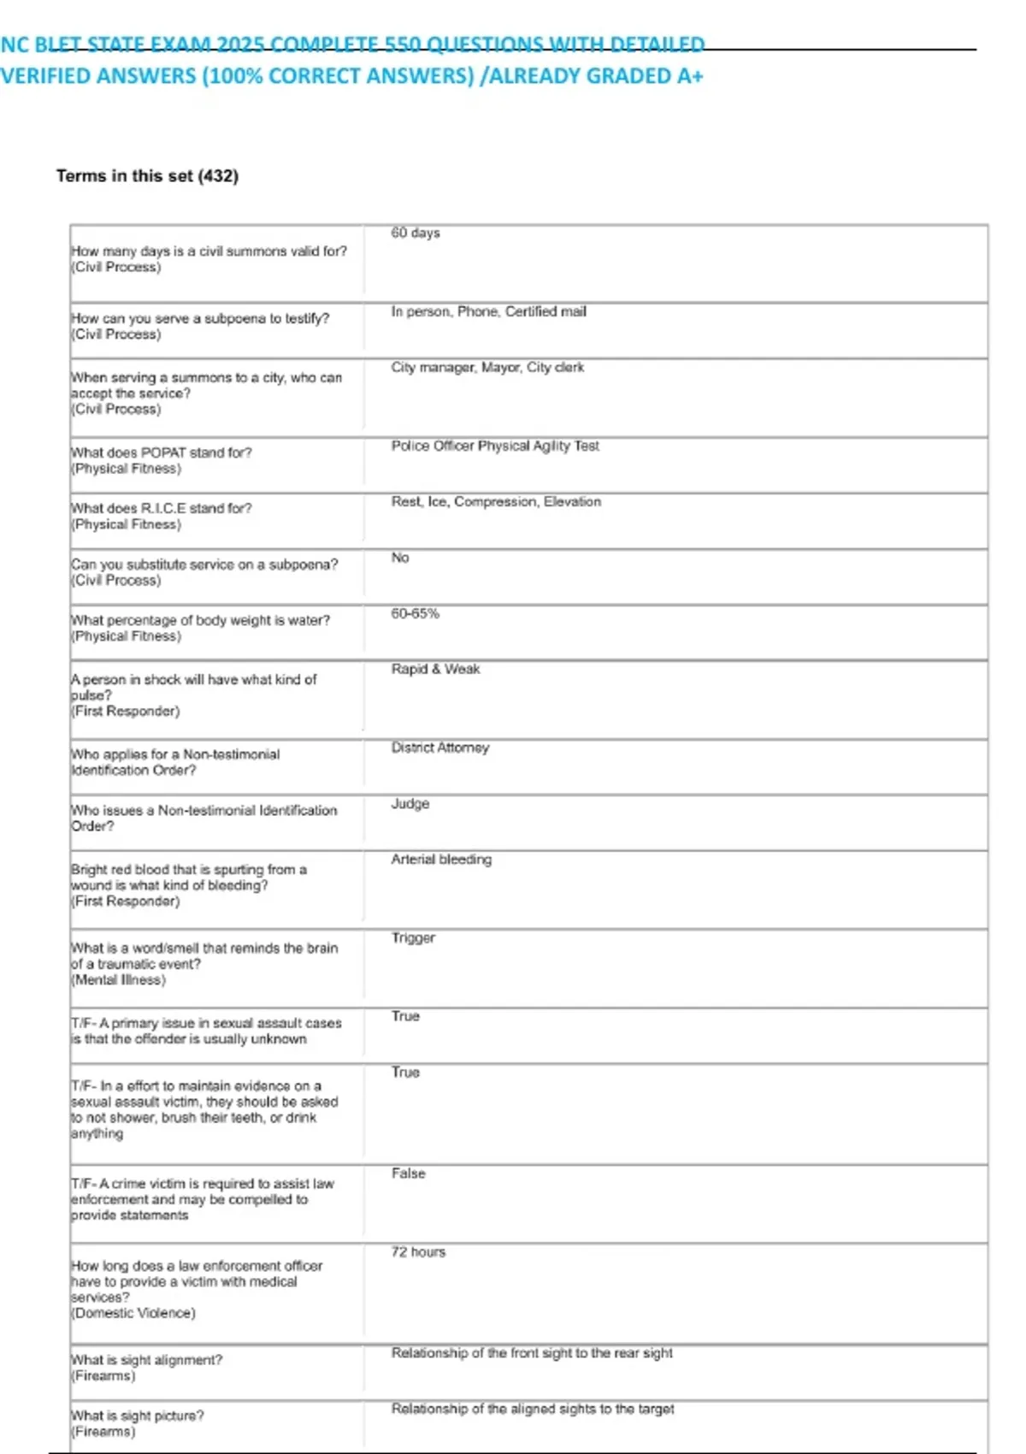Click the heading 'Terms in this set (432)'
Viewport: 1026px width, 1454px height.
[x=147, y=176]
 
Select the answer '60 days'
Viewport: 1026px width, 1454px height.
[x=416, y=233]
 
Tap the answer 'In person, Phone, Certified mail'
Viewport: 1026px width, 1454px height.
[x=488, y=312]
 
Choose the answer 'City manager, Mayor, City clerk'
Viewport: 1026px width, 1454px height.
[x=487, y=368]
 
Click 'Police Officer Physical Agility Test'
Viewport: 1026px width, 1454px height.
[x=495, y=446]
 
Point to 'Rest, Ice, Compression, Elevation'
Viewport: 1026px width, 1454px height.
[x=496, y=502]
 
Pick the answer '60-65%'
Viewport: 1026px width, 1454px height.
[x=415, y=614]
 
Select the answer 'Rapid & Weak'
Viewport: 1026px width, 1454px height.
[x=435, y=670]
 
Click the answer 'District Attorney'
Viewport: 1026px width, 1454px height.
[x=439, y=748]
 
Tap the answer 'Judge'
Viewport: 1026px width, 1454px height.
[x=410, y=804]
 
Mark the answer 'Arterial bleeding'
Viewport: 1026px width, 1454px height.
[x=441, y=860]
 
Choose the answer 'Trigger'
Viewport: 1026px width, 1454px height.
[x=413, y=938]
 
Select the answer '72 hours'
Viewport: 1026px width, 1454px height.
[x=418, y=1252]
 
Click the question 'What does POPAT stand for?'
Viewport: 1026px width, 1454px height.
[x=162, y=452]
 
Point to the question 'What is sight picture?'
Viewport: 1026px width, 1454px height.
[x=138, y=1416]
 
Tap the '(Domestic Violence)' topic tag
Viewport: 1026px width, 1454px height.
[x=133, y=1313]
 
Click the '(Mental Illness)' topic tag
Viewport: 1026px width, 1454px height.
[x=118, y=980]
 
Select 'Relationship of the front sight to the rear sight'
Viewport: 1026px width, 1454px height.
[x=532, y=1353]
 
